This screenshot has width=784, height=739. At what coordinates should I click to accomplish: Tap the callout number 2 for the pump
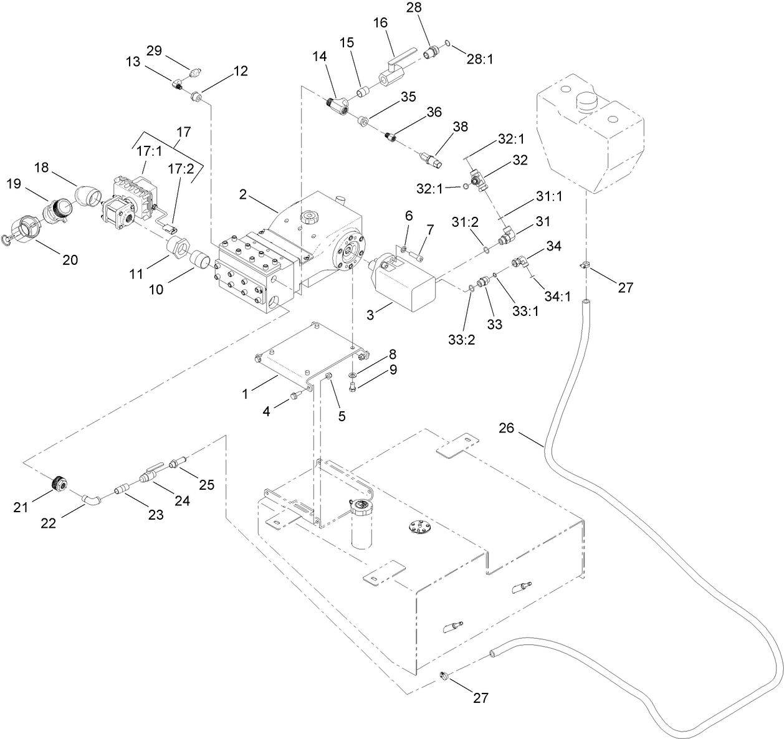click(244, 193)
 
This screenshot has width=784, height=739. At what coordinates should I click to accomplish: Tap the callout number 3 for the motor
click(370, 315)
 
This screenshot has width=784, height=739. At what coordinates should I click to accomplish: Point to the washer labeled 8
click(353, 374)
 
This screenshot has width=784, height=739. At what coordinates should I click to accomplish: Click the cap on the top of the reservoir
click(588, 101)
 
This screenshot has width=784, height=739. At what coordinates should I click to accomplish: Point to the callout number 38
click(460, 127)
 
